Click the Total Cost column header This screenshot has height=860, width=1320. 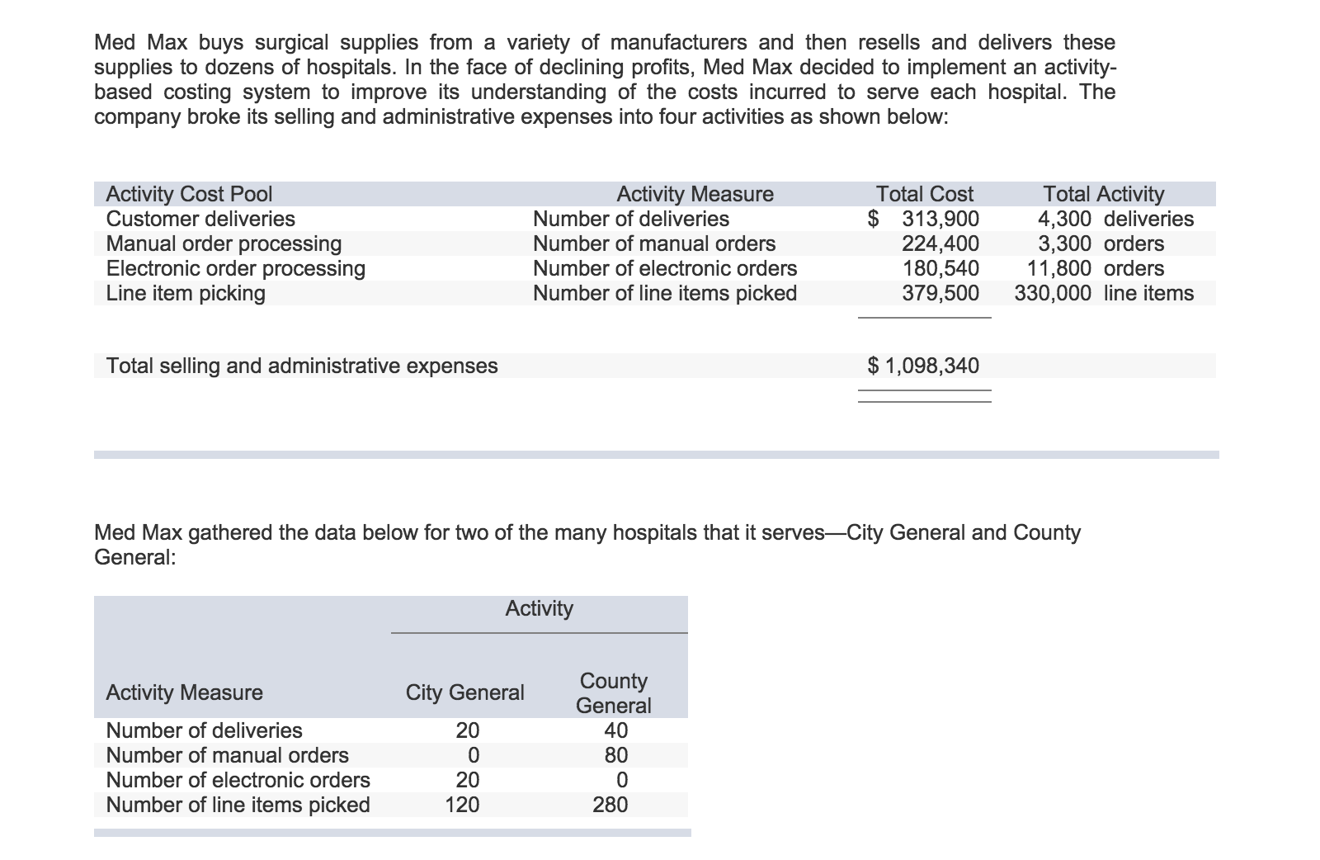924,194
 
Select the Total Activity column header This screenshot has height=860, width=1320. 1103,194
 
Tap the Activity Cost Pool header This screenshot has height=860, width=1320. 189,194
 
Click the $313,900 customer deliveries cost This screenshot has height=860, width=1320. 924,219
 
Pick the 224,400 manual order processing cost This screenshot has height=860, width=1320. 940,243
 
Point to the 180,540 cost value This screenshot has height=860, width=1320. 940,268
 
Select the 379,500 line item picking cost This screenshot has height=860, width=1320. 940,293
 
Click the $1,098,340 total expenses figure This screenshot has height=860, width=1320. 924,366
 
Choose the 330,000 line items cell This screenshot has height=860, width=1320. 1104,293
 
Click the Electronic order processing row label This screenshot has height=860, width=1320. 236,268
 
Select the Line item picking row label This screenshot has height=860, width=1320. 186,293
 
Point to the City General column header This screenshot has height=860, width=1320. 464,692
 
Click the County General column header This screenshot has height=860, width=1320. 613,692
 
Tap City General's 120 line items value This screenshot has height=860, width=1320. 462,805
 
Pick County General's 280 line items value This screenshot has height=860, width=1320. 610,805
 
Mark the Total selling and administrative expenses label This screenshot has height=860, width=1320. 302,366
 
